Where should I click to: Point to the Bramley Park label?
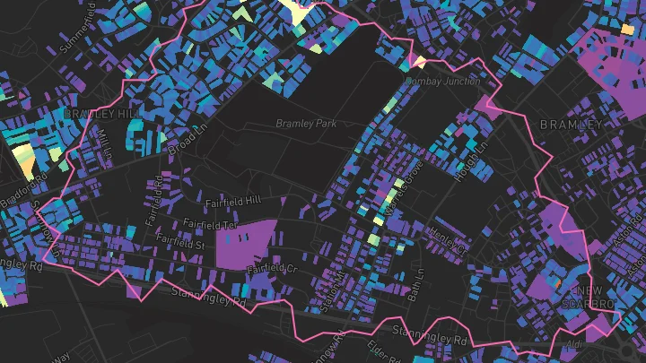coord(306,124)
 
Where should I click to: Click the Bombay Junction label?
coord(442,81)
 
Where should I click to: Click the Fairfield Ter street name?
coord(211,223)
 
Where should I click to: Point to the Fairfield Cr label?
coord(272,268)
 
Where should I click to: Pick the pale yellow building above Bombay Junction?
coord(418,62)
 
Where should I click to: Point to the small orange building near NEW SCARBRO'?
coord(556,283)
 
